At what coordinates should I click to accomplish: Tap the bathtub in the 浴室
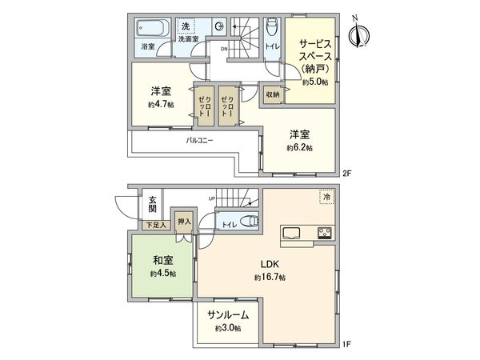(x=150, y=31)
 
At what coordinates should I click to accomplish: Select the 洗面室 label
(x=189, y=38)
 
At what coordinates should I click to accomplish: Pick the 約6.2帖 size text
(x=299, y=148)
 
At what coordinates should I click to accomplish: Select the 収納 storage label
(x=274, y=94)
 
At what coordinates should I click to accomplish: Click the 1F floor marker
(x=346, y=344)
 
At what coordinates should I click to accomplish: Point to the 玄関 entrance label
(x=151, y=206)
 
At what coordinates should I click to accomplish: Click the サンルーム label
(x=227, y=315)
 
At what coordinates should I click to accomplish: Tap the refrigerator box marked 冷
(x=326, y=196)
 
